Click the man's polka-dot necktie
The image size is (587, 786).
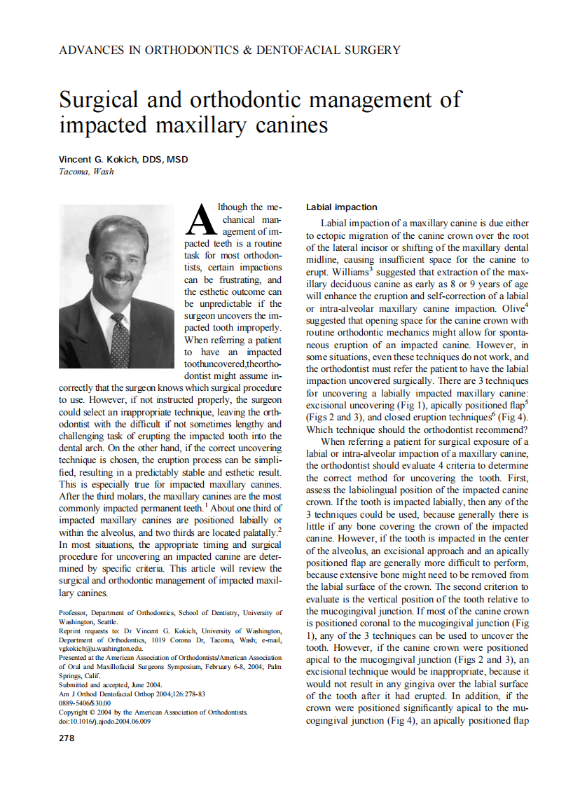(x=120, y=343)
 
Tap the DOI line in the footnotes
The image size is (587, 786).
(x=105, y=721)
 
